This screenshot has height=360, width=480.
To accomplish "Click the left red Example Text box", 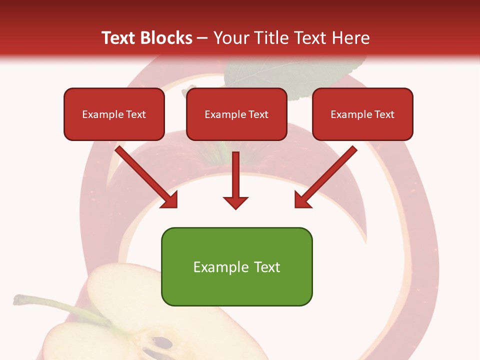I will pos(114,114).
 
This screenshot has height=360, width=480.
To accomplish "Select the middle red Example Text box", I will pos(236,114).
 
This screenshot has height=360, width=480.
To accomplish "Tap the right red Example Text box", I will pos(362,114).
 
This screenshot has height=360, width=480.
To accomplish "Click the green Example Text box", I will pos(236,266).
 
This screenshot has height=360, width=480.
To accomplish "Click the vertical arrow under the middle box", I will pos(235,175).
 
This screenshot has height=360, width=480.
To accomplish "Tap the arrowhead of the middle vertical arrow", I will pos(235,202).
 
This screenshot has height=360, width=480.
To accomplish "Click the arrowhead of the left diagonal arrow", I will pos(170,200).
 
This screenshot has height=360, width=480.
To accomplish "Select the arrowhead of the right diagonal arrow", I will pos(302,200).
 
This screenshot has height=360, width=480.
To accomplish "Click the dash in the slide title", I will pos(202,38).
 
